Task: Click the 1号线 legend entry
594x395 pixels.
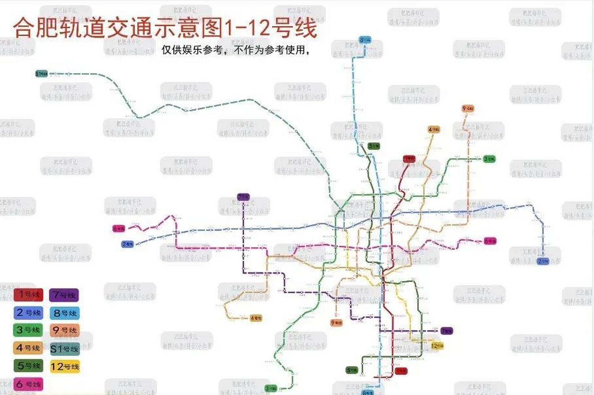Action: click(x=28, y=295)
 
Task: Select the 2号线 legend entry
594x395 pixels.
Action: click(x=28, y=313)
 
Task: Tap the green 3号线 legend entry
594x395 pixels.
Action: click(x=28, y=330)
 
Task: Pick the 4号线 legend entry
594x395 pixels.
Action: click(x=28, y=348)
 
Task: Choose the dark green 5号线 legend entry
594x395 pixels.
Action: click(x=28, y=366)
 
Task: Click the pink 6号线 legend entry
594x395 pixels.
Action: click(x=28, y=384)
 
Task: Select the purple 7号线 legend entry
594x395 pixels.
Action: click(x=64, y=295)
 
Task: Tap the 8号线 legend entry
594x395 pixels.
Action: click(x=65, y=313)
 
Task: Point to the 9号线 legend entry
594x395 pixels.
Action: click(x=65, y=330)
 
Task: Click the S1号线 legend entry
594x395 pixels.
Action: click(x=65, y=349)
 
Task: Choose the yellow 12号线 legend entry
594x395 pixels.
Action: click(x=65, y=367)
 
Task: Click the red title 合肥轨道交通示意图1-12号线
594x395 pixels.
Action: click(x=165, y=28)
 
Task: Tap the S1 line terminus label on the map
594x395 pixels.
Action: click(x=41, y=74)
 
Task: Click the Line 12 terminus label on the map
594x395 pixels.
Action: click(x=437, y=346)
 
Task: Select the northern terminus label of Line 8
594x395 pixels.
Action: click(x=365, y=40)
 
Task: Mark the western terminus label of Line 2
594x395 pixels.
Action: click(x=128, y=244)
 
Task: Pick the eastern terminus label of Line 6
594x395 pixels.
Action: click(x=490, y=241)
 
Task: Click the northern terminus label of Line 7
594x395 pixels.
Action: click(x=243, y=197)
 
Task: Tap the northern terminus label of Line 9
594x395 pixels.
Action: click(x=468, y=109)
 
